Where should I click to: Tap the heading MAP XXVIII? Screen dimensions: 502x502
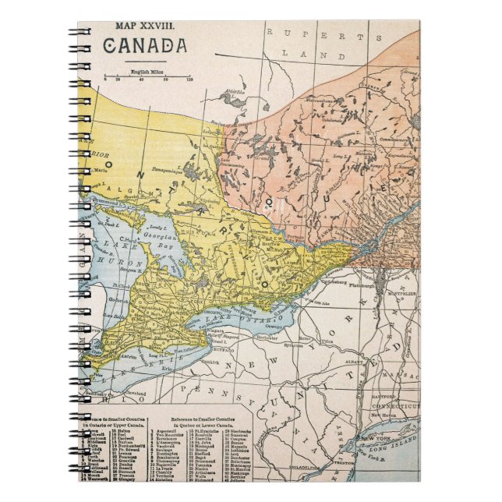tap(145, 26)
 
